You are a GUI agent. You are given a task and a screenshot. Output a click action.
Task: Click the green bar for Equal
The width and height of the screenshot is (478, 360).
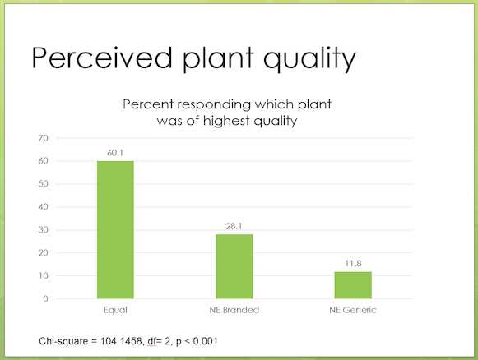(x=115, y=229)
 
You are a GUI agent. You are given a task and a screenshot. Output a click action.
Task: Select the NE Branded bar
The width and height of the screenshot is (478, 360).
(x=234, y=266)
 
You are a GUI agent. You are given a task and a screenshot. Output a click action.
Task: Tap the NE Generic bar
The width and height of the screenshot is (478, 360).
(x=353, y=285)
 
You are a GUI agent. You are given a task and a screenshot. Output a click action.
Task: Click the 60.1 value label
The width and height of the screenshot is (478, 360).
(x=115, y=153)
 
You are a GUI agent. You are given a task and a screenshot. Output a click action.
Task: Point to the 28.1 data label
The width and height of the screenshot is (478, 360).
(x=234, y=226)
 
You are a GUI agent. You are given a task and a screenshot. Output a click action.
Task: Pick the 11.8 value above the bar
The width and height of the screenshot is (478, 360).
(x=353, y=264)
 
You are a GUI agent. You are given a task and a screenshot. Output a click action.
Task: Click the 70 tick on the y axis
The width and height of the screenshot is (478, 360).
(x=44, y=138)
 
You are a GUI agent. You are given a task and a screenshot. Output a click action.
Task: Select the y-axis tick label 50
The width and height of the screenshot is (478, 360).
(x=44, y=184)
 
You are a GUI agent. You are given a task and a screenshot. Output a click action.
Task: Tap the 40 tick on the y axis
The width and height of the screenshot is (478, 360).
(x=44, y=207)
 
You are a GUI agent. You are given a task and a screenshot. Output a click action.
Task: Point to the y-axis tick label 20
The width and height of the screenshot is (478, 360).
(x=44, y=253)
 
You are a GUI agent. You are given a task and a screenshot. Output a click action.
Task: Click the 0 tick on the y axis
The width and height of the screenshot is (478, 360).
(x=46, y=299)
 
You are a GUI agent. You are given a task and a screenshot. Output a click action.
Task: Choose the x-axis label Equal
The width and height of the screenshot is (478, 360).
(x=115, y=311)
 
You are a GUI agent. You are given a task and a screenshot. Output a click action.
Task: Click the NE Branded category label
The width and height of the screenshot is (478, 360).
(x=234, y=310)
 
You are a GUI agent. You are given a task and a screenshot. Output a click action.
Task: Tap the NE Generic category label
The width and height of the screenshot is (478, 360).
(x=353, y=310)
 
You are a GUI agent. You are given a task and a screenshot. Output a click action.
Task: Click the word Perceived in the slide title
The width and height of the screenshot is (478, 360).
(x=102, y=58)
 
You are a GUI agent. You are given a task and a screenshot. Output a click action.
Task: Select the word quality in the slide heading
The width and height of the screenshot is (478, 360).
(x=309, y=59)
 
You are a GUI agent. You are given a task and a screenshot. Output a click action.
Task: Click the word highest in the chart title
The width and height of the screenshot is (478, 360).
(x=226, y=120)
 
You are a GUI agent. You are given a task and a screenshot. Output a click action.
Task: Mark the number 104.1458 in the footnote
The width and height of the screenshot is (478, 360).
(x=121, y=341)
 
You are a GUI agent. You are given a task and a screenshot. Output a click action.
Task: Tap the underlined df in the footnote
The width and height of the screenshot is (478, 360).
(x=152, y=341)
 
